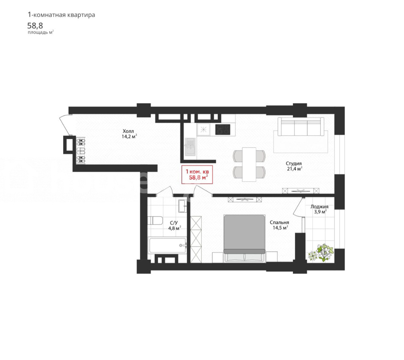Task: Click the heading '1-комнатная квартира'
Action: (x=61, y=15)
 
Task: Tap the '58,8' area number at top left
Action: (x=35, y=26)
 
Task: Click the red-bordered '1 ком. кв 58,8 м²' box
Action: (x=197, y=174)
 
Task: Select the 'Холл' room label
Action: (x=128, y=131)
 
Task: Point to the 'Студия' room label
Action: (x=293, y=164)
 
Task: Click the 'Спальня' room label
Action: (x=279, y=222)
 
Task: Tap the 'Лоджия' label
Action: (x=319, y=206)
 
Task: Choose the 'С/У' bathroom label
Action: (x=174, y=223)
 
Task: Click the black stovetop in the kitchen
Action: (x=223, y=130)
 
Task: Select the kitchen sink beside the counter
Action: (x=190, y=147)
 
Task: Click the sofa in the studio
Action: (x=301, y=126)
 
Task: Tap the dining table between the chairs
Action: (x=249, y=164)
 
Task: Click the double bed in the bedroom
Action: (x=244, y=238)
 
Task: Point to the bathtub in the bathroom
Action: (x=168, y=246)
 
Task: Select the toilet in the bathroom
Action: (x=155, y=221)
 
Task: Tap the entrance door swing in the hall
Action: (x=65, y=125)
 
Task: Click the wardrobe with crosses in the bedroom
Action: (x=196, y=239)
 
